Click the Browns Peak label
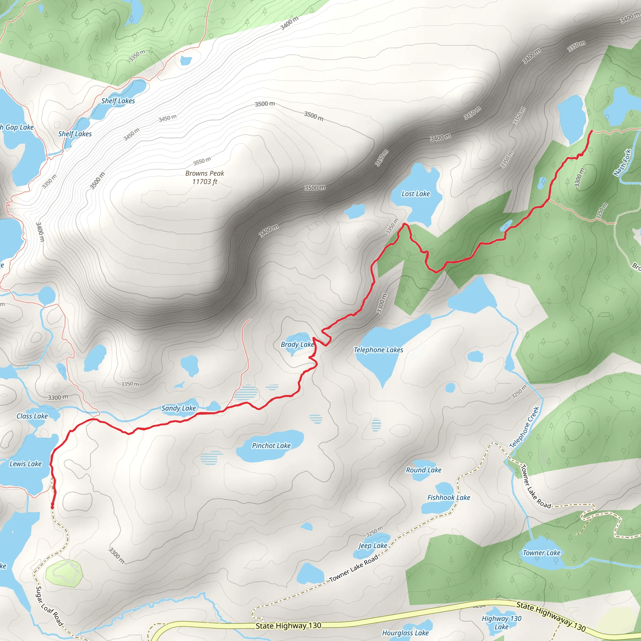[x=205, y=173]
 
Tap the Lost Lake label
[x=415, y=194]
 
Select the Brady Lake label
[x=297, y=344]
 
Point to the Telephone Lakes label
[x=378, y=350]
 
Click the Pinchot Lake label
[x=271, y=446]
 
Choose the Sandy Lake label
[x=178, y=408]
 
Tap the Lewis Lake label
[x=26, y=464]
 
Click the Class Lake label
[x=32, y=416]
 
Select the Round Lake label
[x=424, y=470]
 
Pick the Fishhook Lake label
[x=449, y=497]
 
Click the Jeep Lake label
[x=372, y=546]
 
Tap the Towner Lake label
[x=541, y=553]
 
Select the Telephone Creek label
[x=524, y=427]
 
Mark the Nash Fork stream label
[x=622, y=162]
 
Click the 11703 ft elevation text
[x=205, y=182]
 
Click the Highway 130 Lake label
[x=501, y=623]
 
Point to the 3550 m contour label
[x=202, y=161]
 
